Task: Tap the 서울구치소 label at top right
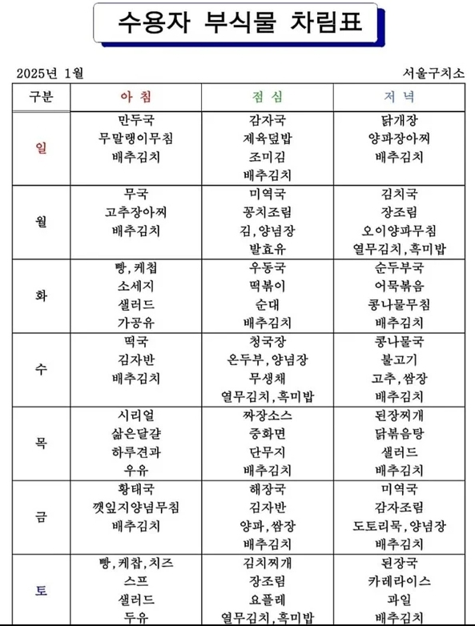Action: point(435,74)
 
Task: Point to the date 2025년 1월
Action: point(50,74)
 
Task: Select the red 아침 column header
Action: point(135,97)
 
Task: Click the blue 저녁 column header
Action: point(398,97)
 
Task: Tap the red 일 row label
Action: point(41,148)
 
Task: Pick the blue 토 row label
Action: point(41,591)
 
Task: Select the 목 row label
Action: point(41,443)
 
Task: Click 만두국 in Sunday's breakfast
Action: point(135,120)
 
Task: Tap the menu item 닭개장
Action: point(398,120)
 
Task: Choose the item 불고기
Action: point(398,359)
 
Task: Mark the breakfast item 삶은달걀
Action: point(135,434)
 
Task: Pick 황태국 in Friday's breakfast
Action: point(135,489)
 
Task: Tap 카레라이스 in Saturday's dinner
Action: point(398,581)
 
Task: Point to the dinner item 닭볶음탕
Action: point(398,434)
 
